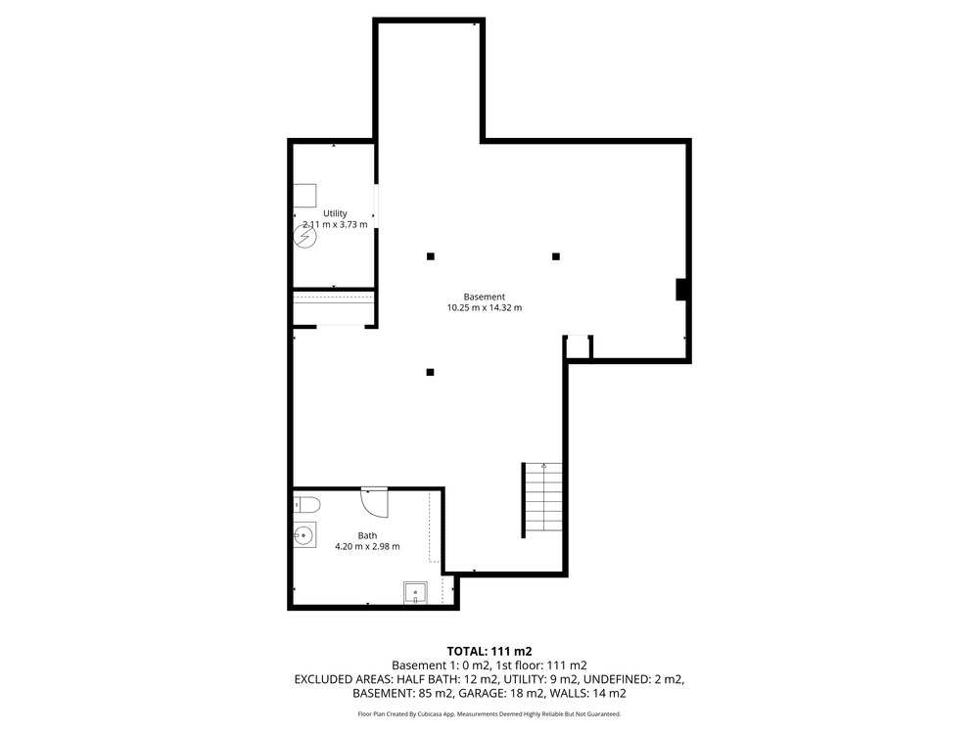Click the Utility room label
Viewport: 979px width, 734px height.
coord(335,213)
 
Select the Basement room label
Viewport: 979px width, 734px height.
coord(484,298)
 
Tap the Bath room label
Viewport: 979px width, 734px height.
coord(367,535)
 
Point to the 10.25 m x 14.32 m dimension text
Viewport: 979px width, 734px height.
coord(484,307)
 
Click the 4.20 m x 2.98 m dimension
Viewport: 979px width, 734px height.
coord(367,546)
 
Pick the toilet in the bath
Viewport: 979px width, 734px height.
coord(306,504)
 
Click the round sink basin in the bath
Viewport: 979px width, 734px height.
coord(304,535)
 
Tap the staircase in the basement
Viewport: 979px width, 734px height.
coord(542,500)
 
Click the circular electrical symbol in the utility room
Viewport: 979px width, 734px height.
coord(305,237)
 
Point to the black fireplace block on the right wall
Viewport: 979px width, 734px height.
coord(681,290)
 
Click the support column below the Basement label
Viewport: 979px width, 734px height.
coord(430,373)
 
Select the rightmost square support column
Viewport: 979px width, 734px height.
coord(556,256)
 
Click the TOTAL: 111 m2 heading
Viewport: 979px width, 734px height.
coord(489,652)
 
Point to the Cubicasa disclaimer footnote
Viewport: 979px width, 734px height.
coord(489,714)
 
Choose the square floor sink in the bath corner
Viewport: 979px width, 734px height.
coord(415,592)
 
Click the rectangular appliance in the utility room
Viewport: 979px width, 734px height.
coord(304,196)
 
